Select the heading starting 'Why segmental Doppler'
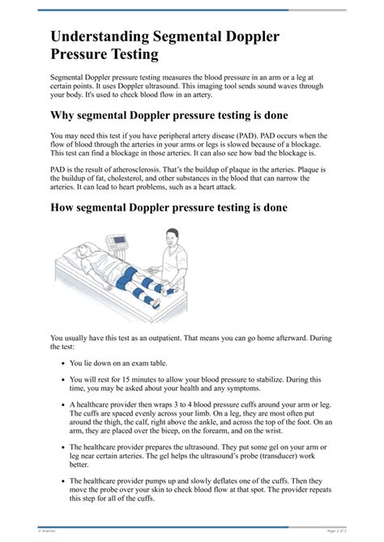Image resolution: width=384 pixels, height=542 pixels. (169, 115)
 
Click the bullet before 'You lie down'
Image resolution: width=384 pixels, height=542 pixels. (62, 364)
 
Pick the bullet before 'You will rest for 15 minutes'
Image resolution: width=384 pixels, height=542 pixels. (62, 379)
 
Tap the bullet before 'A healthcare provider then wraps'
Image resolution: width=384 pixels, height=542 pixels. (62, 403)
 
